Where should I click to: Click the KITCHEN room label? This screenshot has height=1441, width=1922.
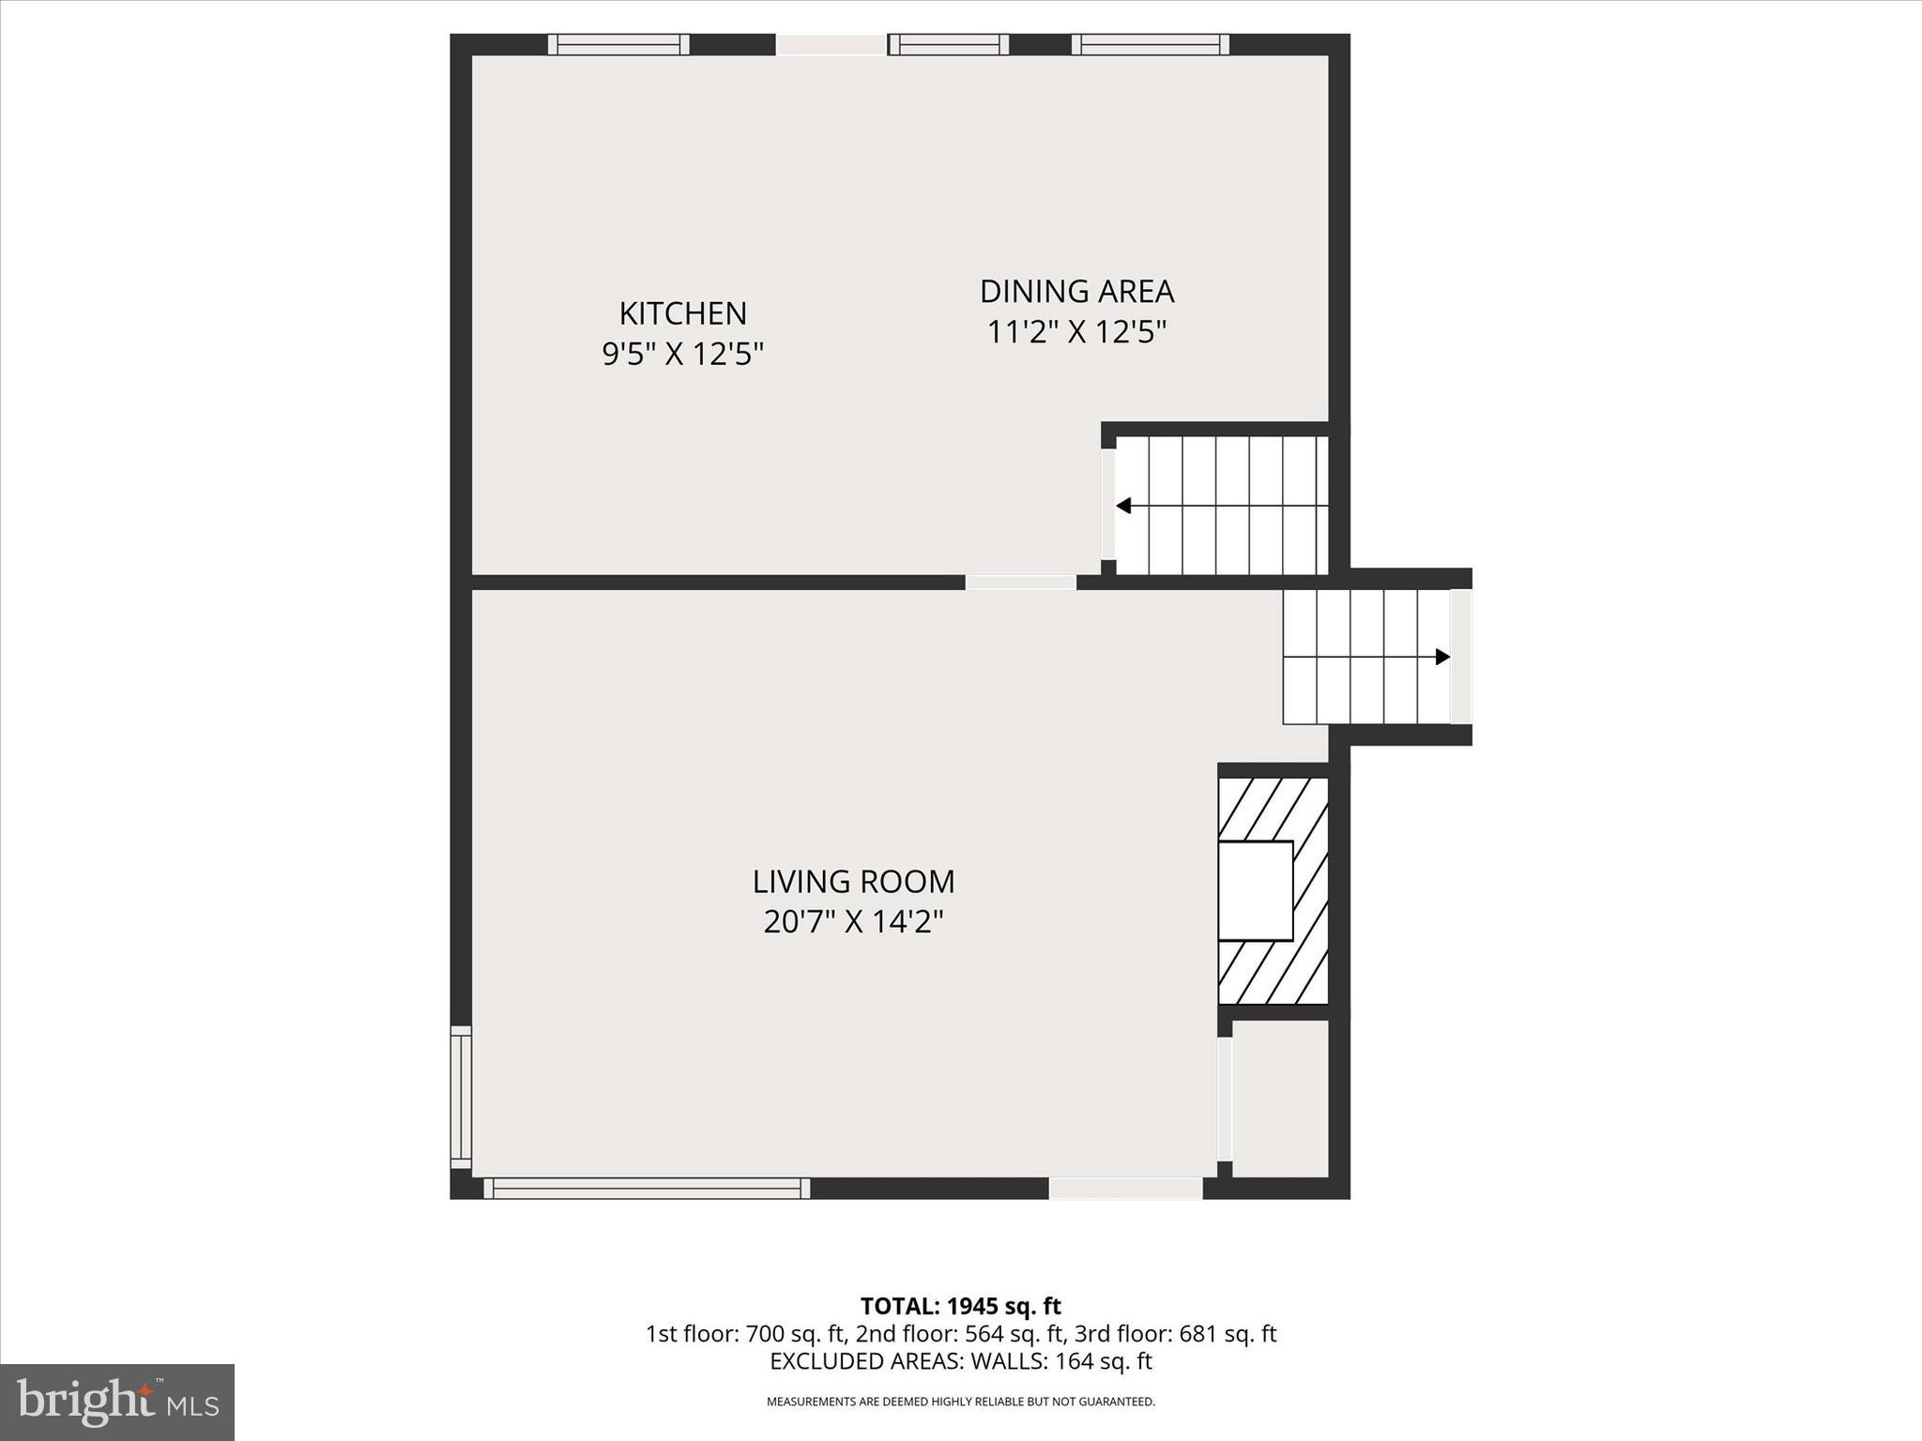[682, 312]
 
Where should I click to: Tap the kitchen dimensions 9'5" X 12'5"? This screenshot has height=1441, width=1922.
[682, 354]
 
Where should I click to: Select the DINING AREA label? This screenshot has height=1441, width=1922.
[1076, 291]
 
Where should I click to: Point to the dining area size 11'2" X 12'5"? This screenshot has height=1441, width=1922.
[1076, 332]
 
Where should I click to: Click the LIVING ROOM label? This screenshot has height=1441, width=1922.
[853, 881]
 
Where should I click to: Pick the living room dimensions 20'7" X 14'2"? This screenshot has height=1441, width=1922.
[853, 922]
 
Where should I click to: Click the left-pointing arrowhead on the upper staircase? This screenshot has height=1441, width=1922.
[1123, 507]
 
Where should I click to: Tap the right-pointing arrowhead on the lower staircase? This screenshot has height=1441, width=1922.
[1442, 657]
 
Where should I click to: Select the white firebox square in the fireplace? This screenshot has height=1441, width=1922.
[1255, 890]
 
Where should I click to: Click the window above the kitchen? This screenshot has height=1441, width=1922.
[618, 44]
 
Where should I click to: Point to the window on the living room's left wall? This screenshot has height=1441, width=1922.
[460, 1097]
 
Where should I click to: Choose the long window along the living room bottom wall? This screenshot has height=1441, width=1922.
[647, 1188]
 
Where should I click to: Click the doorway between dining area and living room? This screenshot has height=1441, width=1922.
[1020, 583]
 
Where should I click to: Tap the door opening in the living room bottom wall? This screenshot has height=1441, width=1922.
[1125, 1188]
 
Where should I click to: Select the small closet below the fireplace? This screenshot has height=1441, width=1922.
[1280, 1097]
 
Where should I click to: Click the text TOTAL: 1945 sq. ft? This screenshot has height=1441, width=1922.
[960, 1306]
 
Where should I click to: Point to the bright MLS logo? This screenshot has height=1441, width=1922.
[117, 1402]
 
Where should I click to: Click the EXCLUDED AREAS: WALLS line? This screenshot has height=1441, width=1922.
[960, 1360]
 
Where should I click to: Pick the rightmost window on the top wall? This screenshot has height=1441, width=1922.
[1150, 44]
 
